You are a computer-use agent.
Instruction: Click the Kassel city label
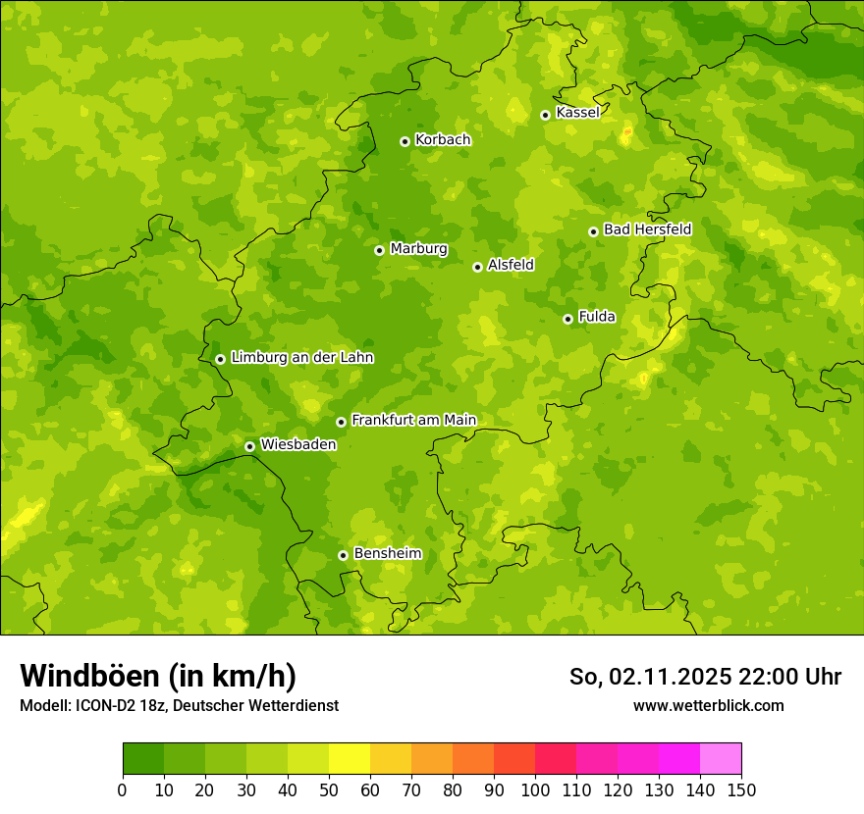coord(577,113)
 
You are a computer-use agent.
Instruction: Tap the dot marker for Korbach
coord(405,141)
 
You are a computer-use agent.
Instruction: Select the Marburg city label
coord(418,249)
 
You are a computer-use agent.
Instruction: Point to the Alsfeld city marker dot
coord(477,267)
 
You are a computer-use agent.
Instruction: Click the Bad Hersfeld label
coord(647,229)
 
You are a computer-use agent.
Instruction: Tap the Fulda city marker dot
coord(567,319)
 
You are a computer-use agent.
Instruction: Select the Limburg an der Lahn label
coord(301,358)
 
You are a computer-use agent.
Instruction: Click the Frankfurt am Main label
coord(413,420)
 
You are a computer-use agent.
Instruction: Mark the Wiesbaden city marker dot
coord(249,446)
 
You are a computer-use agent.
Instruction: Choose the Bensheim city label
coord(387,553)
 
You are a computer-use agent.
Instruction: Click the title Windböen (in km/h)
coord(158,676)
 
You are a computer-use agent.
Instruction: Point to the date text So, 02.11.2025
coord(651,677)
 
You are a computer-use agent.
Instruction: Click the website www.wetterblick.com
coord(708,705)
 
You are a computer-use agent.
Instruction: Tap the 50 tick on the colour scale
coord(329,789)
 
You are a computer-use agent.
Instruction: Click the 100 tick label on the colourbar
coord(535,789)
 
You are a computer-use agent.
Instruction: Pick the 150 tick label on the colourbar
coord(741,789)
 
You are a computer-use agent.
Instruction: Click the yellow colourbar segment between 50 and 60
coord(350,759)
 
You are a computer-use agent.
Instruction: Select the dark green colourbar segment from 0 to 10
coord(143,759)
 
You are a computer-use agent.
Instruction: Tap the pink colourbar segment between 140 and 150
coord(721,759)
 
